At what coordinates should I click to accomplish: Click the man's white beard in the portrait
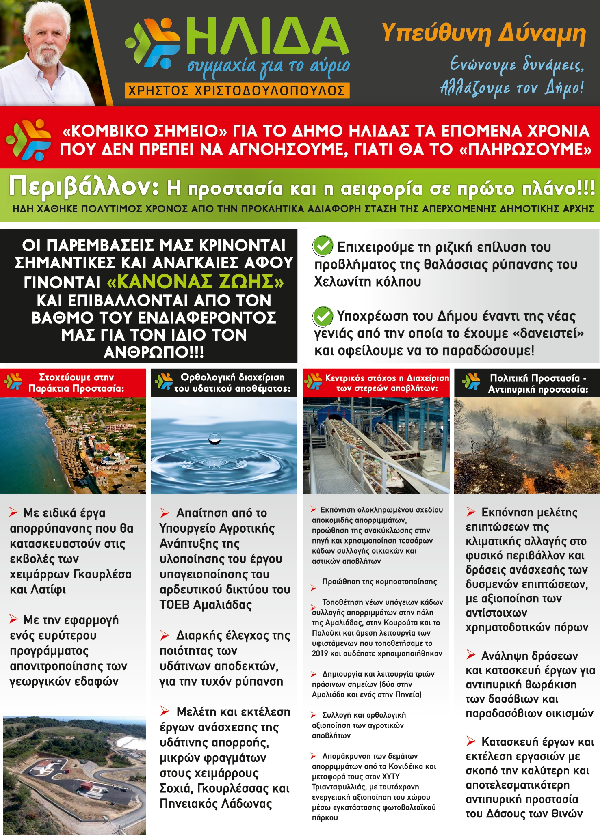tap(48, 55)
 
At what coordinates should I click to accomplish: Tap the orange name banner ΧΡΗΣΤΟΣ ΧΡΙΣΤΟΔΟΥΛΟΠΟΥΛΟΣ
tap(237, 91)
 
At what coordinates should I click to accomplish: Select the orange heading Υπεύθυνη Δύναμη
tap(483, 33)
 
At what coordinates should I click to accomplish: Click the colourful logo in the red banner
tap(28, 140)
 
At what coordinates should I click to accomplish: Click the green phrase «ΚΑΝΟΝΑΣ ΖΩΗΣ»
tap(195, 281)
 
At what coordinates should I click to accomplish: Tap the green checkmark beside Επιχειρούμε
tap(323, 246)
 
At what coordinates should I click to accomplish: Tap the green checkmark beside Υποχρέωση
tap(323, 316)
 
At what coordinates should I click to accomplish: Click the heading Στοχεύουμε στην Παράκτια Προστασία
tap(76, 383)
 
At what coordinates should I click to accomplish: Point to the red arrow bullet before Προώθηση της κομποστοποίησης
tap(314, 587)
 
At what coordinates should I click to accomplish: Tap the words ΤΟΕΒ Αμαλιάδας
tap(206, 605)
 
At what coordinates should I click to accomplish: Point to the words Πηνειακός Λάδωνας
tap(216, 804)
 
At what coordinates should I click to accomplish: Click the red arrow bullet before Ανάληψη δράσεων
tap(471, 654)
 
